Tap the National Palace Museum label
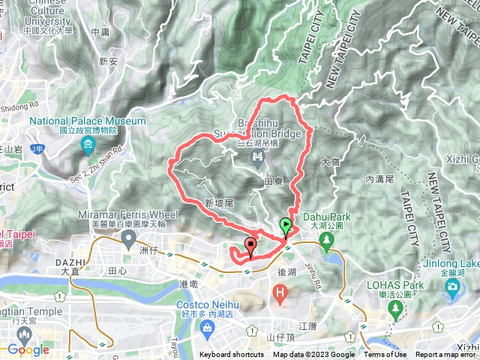point(88,121)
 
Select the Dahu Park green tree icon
point(326,240)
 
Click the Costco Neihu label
point(208,305)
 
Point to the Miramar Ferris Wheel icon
point(128,240)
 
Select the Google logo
point(28,349)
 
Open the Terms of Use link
point(385,355)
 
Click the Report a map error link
point(446,355)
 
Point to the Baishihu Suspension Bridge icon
point(257,155)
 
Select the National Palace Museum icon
point(88,144)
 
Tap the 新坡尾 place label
point(220,203)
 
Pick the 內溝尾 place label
point(379,180)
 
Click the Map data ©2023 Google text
point(313,355)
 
